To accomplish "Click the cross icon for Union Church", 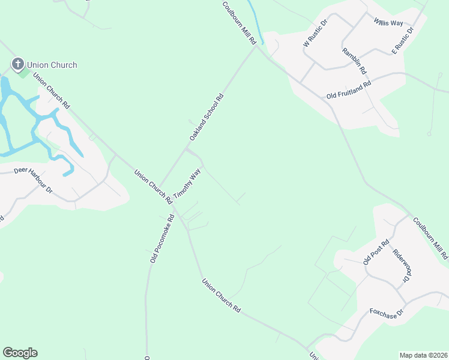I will pyautogui.click(x=18, y=64).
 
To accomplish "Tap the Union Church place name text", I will pyautogui.click(x=52, y=65).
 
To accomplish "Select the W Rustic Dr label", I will pyautogui.click(x=315, y=34).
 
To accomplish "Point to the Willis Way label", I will pyautogui.click(x=388, y=22).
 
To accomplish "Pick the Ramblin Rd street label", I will pyautogui.click(x=354, y=61).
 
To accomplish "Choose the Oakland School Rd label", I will pyautogui.click(x=206, y=117).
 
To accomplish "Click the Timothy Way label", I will pyautogui.click(x=187, y=184).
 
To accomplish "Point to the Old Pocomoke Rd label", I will pyautogui.click(x=161, y=239).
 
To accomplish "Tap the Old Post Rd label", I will pyautogui.click(x=376, y=253).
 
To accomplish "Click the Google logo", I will pyautogui.click(x=20, y=353).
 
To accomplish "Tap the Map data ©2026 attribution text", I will pyautogui.click(x=423, y=355).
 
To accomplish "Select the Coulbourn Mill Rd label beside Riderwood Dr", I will pyautogui.click(x=430, y=238).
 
